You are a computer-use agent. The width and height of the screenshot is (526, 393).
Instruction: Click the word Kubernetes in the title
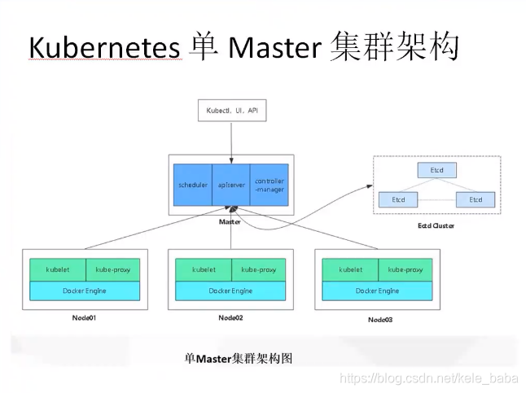(x=103, y=50)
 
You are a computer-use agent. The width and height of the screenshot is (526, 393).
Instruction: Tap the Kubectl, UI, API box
(x=232, y=109)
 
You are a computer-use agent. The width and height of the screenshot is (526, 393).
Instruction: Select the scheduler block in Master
(x=193, y=184)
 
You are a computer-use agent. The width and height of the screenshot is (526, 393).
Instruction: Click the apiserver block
(x=231, y=184)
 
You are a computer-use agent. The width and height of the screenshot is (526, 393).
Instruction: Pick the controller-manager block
(x=269, y=184)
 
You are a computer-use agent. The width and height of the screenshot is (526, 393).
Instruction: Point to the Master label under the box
(x=231, y=221)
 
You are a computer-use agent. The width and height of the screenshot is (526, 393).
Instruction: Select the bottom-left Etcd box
(x=398, y=199)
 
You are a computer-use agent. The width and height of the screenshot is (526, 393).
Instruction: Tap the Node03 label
(x=379, y=320)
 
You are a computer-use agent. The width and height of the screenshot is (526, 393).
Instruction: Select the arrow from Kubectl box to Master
(x=232, y=138)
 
